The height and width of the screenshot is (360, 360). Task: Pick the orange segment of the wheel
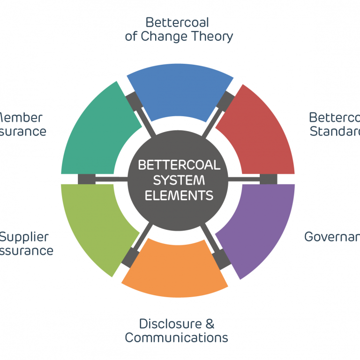click(x=176, y=267)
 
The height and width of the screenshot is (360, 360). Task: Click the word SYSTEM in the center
click(x=179, y=180)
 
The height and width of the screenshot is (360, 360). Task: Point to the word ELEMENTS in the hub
click(x=179, y=195)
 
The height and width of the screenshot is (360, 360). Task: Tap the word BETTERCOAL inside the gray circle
click(x=179, y=165)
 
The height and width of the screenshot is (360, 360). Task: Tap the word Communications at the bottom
click(x=177, y=337)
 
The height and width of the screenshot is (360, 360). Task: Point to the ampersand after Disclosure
click(x=210, y=323)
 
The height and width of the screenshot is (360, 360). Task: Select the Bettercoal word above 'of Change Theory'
click(x=177, y=22)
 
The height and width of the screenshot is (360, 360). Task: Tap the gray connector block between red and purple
click(x=268, y=179)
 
